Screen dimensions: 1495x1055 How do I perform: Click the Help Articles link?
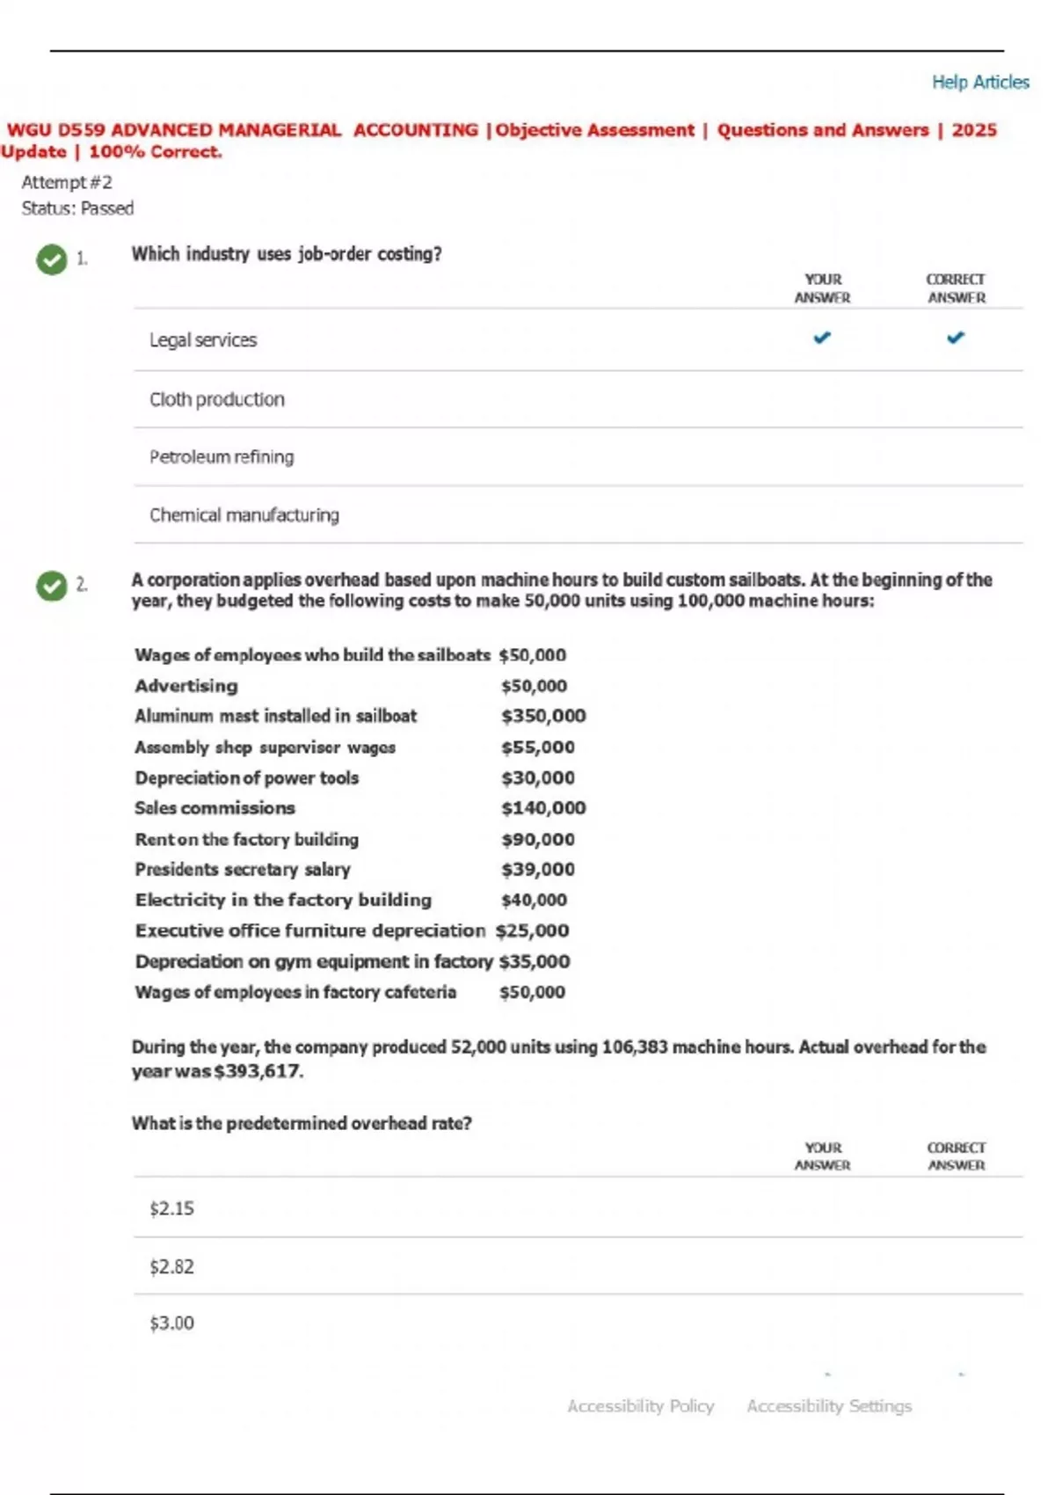click(980, 82)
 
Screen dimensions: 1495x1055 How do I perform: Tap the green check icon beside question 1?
click(52, 259)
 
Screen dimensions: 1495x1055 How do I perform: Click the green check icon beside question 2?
click(52, 586)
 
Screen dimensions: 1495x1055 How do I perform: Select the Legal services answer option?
click(203, 340)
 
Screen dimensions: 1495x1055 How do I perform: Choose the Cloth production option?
click(217, 399)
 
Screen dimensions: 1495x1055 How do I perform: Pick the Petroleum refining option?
click(222, 457)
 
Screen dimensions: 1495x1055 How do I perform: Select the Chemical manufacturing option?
click(244, 515)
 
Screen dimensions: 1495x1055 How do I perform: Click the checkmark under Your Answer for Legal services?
click(822, 338)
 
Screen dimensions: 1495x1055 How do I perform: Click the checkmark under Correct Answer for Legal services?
click(956, 338)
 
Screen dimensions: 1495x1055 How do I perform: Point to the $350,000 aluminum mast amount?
click(543, 716)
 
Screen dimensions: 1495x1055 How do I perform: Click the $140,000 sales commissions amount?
click(543, 808)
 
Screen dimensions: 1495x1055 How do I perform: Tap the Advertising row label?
click(186, 686)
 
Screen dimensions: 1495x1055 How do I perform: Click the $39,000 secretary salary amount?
click(538, 870)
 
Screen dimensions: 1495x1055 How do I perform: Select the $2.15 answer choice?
click(171, 1209)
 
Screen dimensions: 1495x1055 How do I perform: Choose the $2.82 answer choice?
click(171, 1267)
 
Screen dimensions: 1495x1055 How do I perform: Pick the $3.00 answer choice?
click(171, 1324)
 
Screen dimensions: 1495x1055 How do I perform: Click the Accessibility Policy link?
click(641, 1406)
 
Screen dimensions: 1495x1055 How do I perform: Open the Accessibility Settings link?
click(829, 1406)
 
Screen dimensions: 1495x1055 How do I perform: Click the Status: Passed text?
click(77, 208)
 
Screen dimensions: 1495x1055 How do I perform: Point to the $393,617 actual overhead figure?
click(258, 1071)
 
